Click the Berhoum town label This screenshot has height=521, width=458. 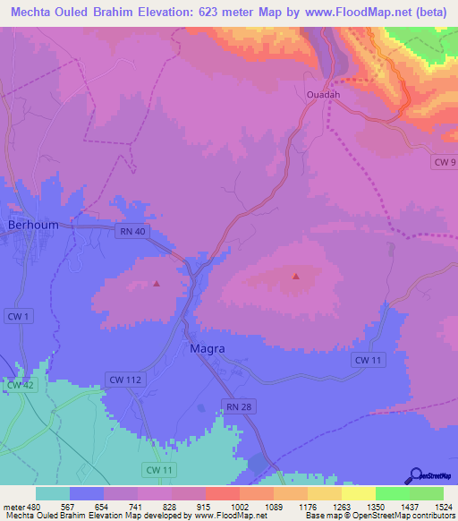click(x=33, y=226)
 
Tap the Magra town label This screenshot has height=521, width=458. click(x=207, y=348)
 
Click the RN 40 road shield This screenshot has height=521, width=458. click(x=131, y=231)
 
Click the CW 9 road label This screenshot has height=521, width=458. click(x=445, y=162)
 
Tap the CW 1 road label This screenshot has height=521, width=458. click(x=14, y=316)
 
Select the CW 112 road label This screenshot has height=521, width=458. click(x=123, y=380)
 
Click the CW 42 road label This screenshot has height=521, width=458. click(x=20, y=385)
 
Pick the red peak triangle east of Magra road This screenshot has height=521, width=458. click(x=295, y=277)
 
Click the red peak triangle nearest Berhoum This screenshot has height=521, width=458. click(x=157, y=285)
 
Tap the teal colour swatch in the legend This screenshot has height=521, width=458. click(x=53, y=493)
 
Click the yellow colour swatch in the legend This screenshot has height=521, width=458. click(x=358, y=493)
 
